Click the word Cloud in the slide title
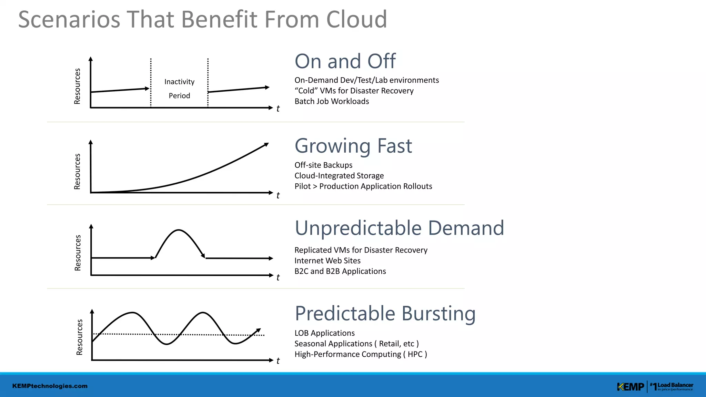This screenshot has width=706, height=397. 356,19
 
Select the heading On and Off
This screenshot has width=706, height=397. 345,61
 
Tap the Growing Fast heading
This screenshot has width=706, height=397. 353,146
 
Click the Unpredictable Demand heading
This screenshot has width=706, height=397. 399,228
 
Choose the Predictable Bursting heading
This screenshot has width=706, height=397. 385,314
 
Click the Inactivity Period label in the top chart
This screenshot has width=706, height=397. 179,89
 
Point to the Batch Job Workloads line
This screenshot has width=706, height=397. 332,101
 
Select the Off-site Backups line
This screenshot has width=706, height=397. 323,165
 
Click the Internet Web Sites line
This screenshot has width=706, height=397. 327,261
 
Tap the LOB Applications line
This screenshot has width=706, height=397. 324,333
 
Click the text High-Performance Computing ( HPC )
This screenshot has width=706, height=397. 361,354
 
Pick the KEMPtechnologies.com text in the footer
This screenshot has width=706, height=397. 50,386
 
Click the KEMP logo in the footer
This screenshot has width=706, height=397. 630,387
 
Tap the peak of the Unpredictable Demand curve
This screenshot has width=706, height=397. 179,230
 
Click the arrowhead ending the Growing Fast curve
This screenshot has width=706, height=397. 266,145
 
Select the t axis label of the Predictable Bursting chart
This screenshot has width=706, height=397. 278,361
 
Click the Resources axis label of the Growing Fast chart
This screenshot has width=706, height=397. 77,171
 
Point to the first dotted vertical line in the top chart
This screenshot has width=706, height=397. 151,83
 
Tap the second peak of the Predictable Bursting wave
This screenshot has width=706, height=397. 203,313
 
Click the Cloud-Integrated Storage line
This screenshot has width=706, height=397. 339,176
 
